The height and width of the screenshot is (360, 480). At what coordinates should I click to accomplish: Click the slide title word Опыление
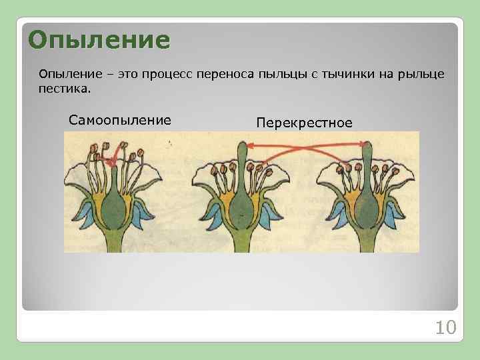click(x=99, y=40)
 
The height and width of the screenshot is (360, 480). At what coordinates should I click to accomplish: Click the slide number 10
click(x=444, y=327)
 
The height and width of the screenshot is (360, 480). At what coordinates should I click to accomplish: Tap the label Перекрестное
click(x=304, y=123)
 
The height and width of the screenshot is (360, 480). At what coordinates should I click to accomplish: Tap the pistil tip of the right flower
click(x=366, y=148)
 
